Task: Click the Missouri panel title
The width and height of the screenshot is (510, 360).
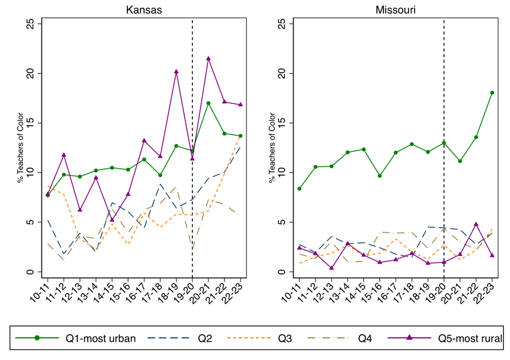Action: coord(391,9)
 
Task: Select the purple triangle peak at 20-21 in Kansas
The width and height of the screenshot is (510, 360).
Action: coord(208,58)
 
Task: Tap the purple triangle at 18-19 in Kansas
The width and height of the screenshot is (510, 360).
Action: coord(176,71)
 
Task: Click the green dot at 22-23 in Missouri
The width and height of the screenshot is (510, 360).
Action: coord(492,93)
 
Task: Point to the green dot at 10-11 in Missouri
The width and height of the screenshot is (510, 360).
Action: coord(299,188)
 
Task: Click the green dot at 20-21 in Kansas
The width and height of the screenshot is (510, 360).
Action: coord(208,103)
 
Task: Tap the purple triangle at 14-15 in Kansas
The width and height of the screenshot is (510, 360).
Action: coord(112,219)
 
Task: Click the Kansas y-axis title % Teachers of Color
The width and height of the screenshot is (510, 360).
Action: coord(20,148)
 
